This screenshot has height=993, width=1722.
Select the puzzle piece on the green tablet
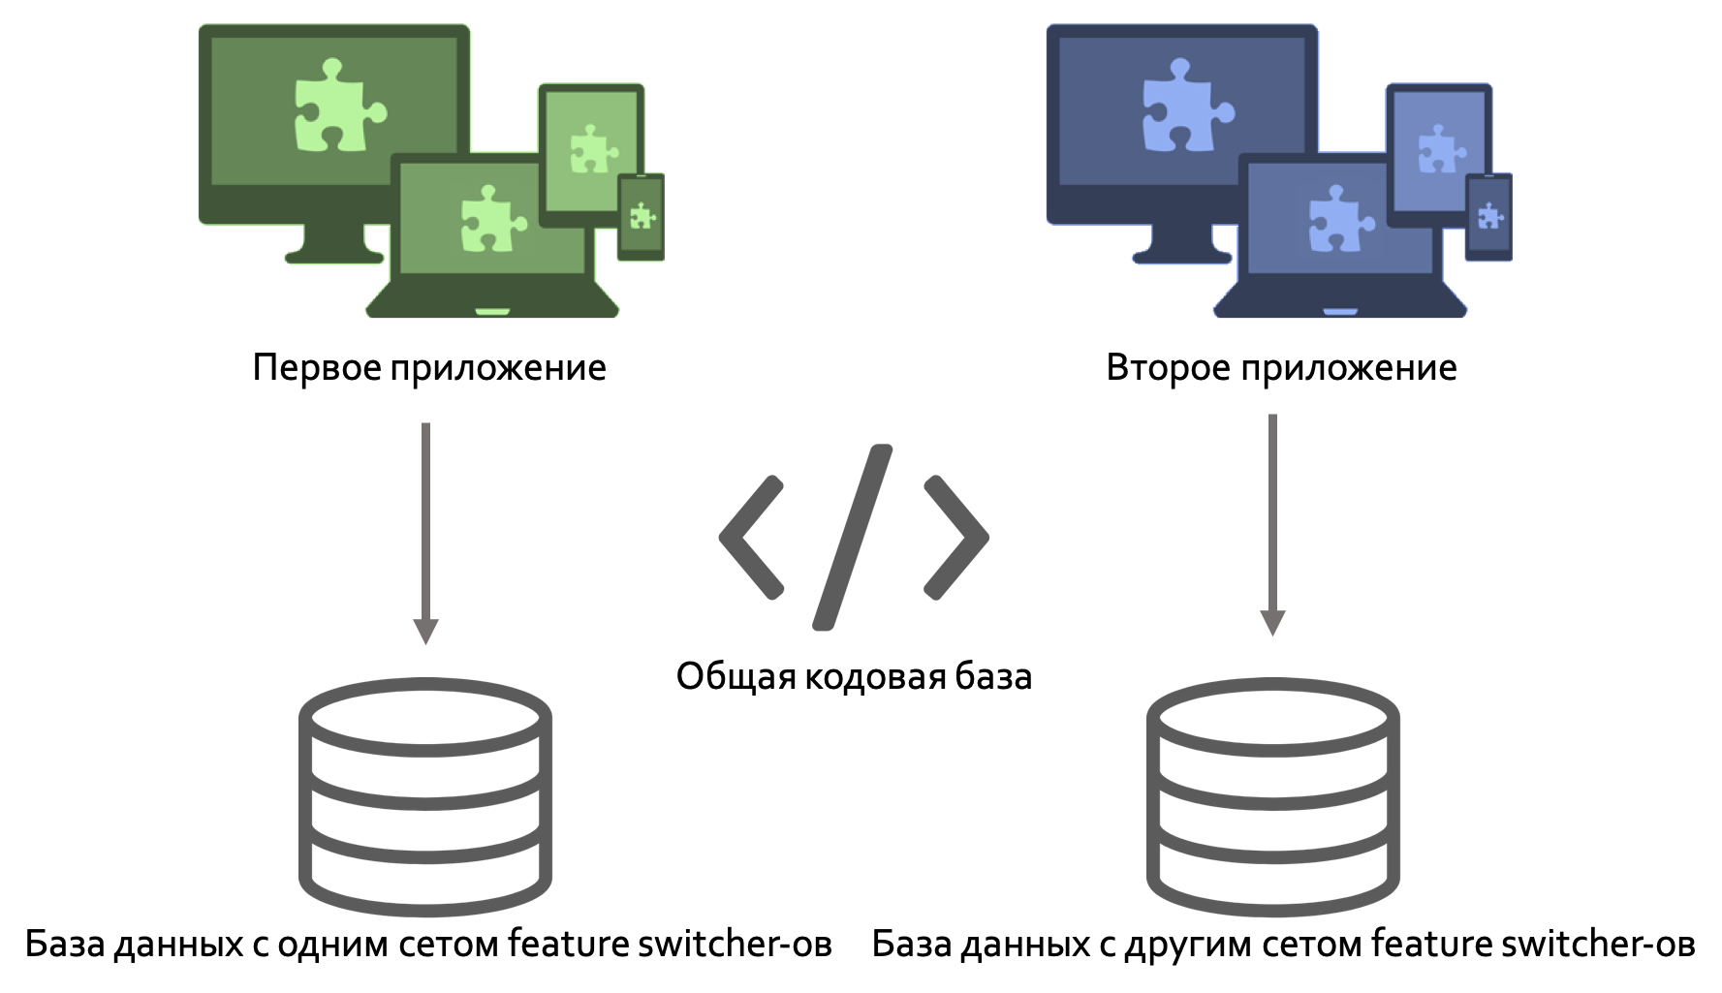(592, 149)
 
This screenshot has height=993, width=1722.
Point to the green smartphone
(641, 217)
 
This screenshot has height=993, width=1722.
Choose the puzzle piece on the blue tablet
(1440, 149)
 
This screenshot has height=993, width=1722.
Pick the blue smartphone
(1488, 217)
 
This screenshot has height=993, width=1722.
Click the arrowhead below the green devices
(425, 632)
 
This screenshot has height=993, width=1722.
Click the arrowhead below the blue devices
(1272, 623)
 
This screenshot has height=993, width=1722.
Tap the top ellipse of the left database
(425, 712)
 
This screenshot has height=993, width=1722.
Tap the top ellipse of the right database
(1273, 712)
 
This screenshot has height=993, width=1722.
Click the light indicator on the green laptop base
(492, 312)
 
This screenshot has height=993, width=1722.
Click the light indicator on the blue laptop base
(1340, 312)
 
